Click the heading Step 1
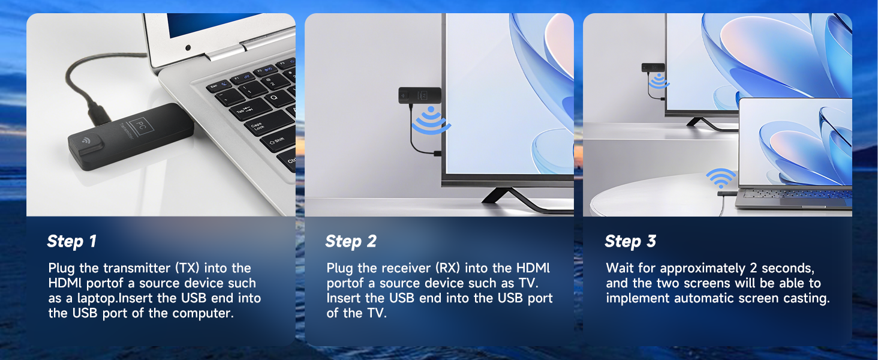click(72, 242)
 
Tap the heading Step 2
click(351, 242)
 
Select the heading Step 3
click(630, 242)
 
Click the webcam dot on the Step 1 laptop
click(188, 48)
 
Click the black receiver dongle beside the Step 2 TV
click(420, 95)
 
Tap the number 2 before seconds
click(753, 268)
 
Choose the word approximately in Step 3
click(702, 269)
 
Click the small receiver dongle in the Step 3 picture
click(653, 67)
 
